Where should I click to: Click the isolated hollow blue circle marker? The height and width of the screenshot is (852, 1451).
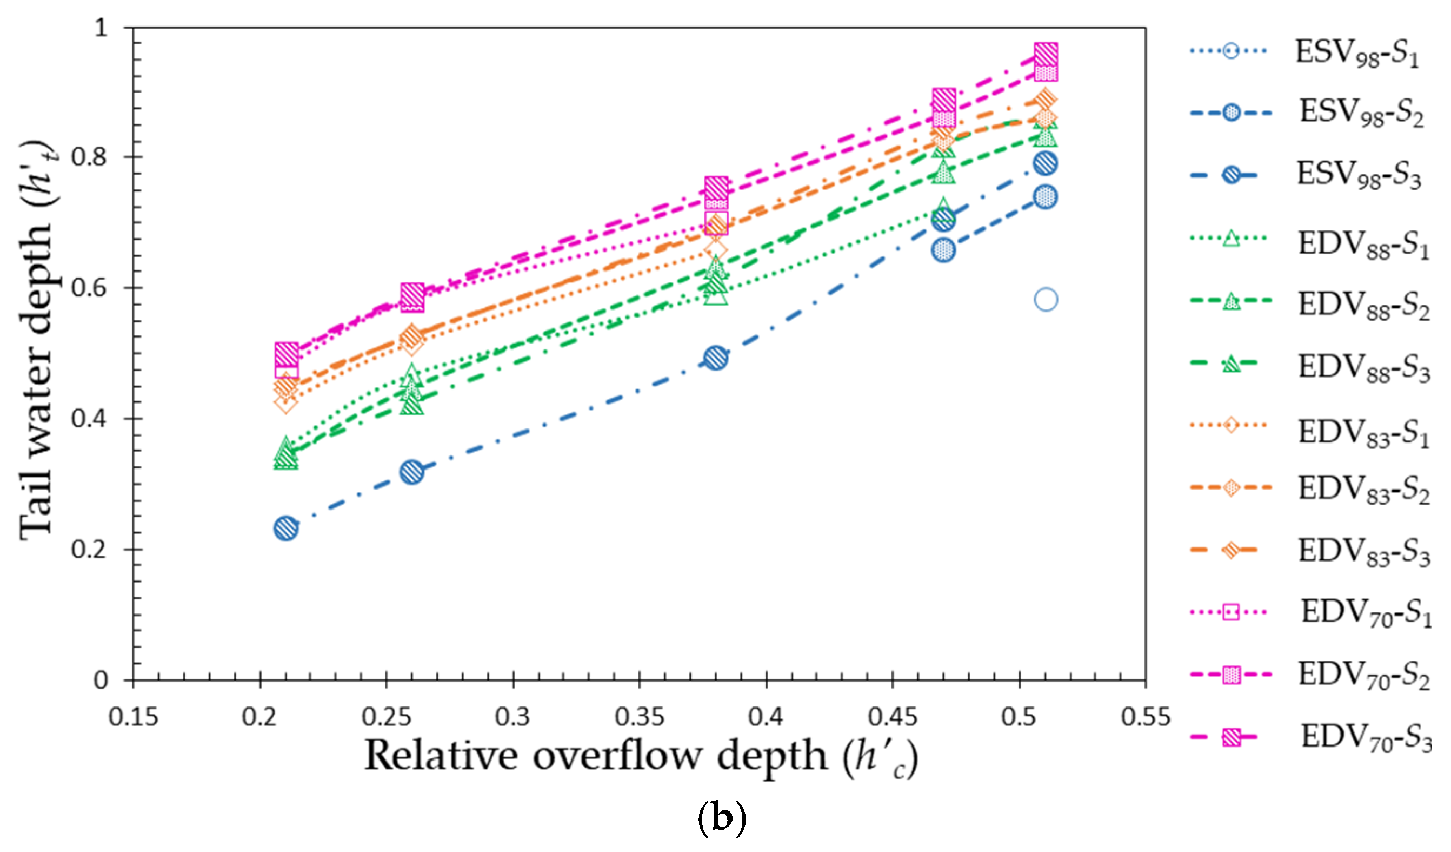(1046, 300)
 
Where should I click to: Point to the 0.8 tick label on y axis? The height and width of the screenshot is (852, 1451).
(89, 157)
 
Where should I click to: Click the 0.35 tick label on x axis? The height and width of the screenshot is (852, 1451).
(639, 717)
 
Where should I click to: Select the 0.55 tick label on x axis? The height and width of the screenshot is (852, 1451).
(1145, 717)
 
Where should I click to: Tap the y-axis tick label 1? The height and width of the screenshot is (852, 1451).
(101, 27)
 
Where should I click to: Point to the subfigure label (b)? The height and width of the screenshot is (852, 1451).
(722, 817)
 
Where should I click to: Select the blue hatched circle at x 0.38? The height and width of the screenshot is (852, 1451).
(715, 358)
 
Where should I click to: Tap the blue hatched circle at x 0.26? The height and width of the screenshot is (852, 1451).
(412, 472)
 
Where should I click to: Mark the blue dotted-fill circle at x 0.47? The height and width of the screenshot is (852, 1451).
(943, 250)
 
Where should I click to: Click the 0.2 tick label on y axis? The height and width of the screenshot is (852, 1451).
(89, 549)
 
